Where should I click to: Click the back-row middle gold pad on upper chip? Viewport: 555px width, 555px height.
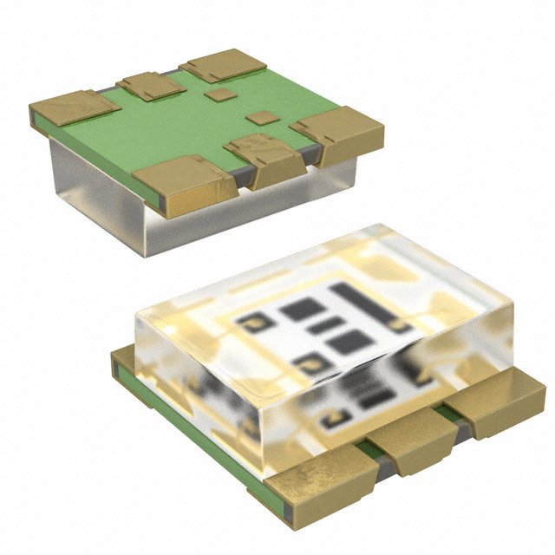pos(150,85)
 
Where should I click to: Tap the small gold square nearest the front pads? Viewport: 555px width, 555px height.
pos(258,117)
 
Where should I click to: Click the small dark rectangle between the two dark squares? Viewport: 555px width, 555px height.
pos(326,325)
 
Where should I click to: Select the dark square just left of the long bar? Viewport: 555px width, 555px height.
pos(302,308)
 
